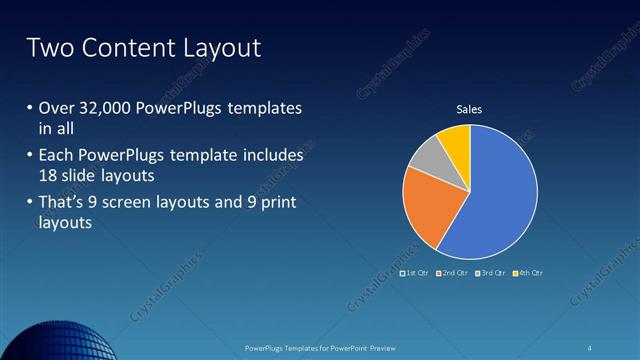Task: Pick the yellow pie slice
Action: click(456, 140)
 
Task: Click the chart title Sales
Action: click(470, 110)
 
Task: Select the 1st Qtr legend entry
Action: click(413, 273)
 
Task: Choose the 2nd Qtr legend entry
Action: click(455, 273)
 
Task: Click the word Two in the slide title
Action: click(46, 47)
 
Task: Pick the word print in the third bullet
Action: click(276, 204)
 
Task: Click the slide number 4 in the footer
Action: click(590, 347)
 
